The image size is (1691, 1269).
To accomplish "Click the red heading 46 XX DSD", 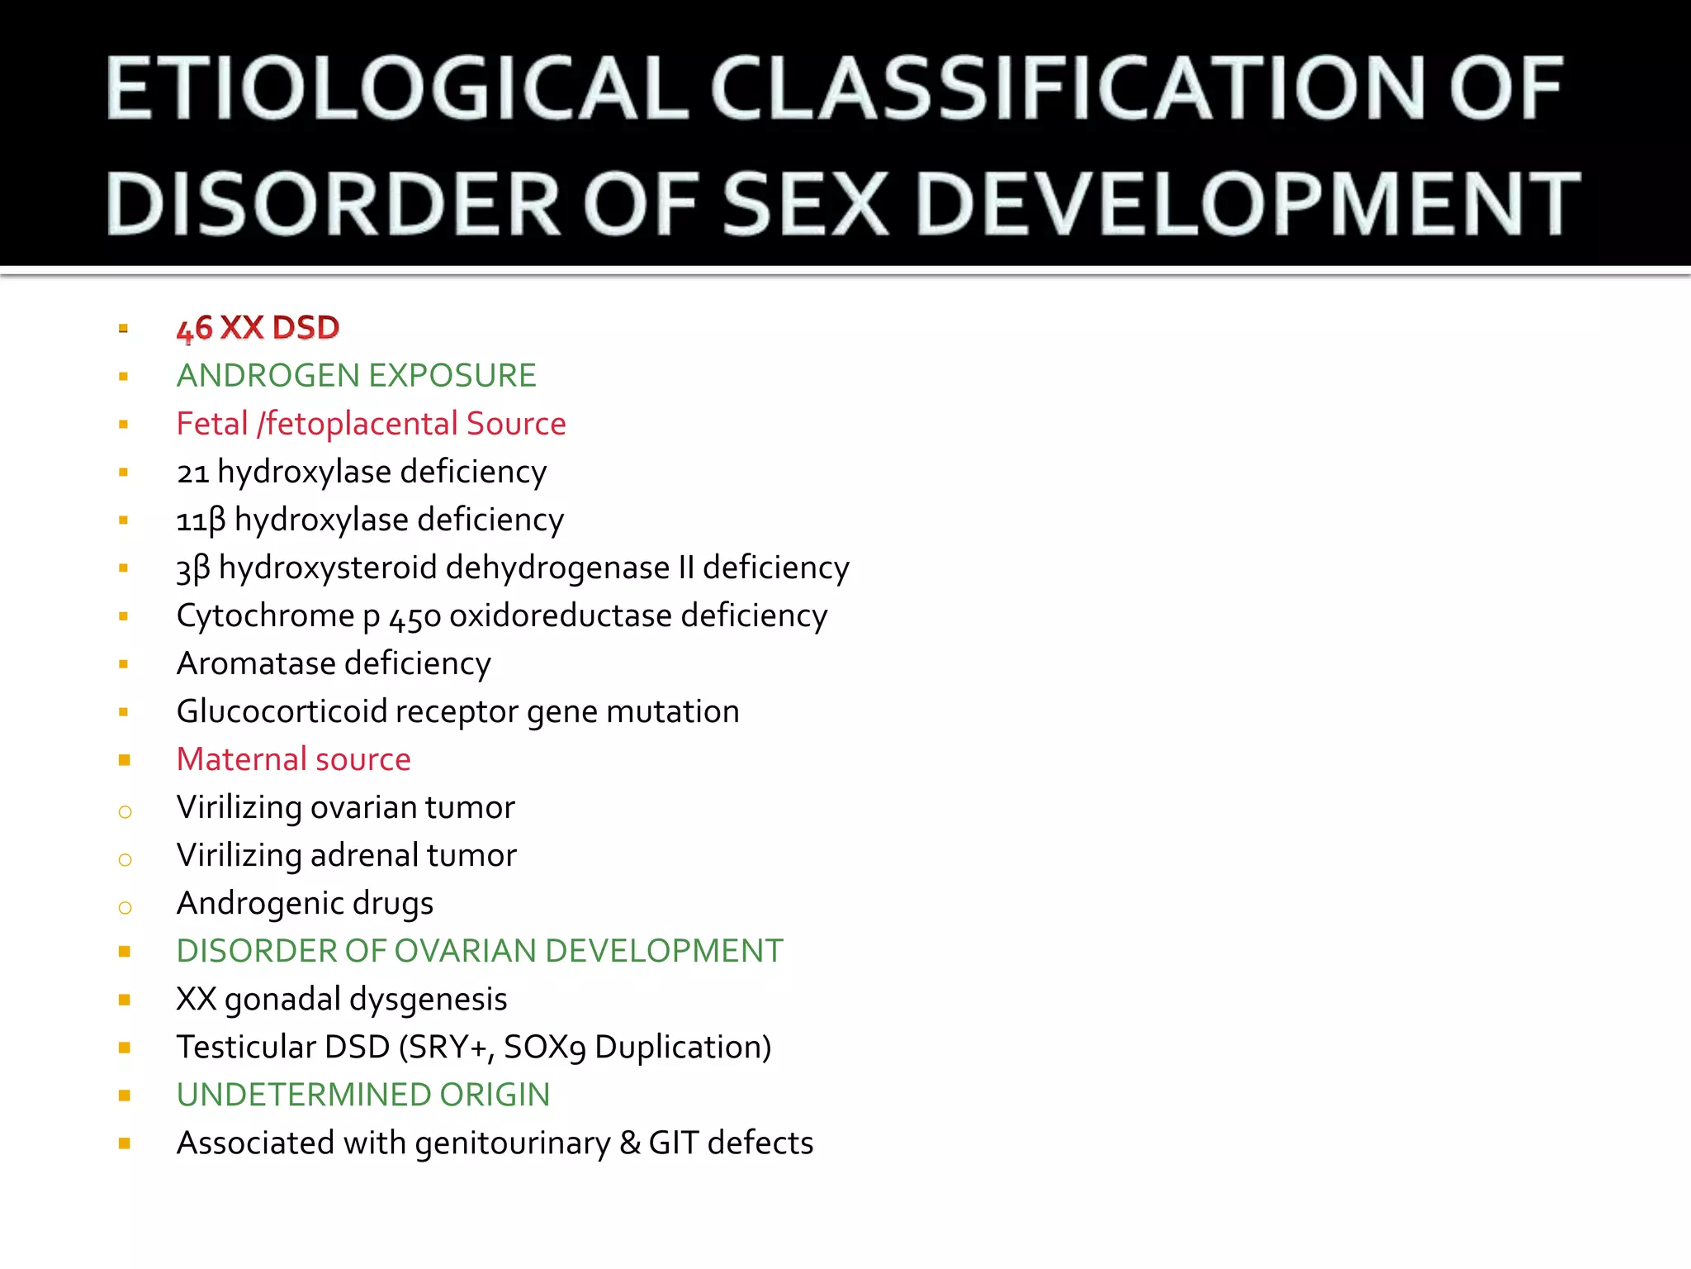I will [x=258, y=328].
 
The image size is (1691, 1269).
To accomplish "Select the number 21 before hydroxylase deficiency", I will [x=192, y=473].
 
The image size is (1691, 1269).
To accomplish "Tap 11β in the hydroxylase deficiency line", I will [x=201, y=520].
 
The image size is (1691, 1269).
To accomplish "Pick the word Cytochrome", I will [x=265, y=616].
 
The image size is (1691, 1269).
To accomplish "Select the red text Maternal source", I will [x=293, y=760].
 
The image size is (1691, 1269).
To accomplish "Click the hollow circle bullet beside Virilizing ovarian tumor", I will [x=125, y=812].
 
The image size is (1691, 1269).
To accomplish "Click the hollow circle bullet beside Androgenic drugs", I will [x=125, y=908].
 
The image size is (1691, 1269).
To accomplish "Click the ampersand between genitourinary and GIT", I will [x=630, y=1143].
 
